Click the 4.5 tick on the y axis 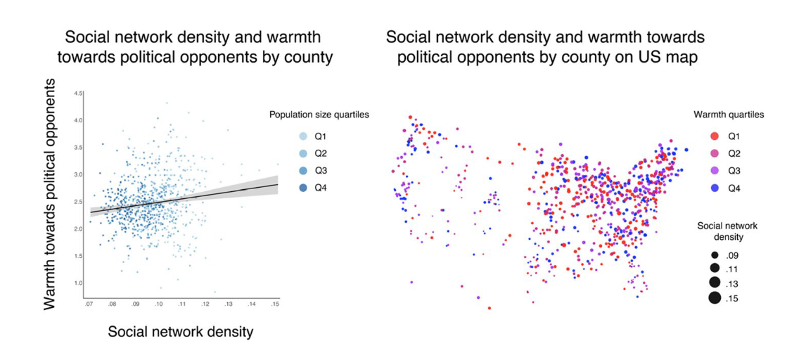[79, 93]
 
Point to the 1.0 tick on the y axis [79, 283]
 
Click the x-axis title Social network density [180, 332]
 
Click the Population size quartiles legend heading [319, 115]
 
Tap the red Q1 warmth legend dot [714, 136]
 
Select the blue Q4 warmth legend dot [714, 188]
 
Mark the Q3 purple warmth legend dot [714, 171]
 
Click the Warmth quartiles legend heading [729, 115]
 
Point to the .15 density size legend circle [714, 298]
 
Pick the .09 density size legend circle [714, 255]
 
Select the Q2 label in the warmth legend [734, 153]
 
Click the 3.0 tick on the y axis [79, 174]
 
